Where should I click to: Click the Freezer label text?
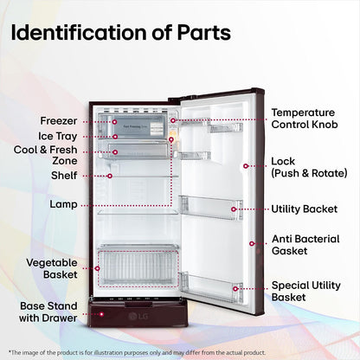59,121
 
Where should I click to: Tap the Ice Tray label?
58,136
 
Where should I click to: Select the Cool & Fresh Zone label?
46,155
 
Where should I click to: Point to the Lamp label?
63,204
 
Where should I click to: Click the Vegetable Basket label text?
52,268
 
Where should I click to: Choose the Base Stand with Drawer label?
48,312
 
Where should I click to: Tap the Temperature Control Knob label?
305,119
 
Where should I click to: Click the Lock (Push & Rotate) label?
309,167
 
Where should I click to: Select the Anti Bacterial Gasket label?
305,245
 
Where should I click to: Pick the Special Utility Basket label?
306,292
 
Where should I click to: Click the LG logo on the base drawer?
138,317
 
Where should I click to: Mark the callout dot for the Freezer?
114,122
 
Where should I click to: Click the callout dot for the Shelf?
110,176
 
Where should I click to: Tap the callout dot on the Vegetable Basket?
98,268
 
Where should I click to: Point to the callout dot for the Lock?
246,166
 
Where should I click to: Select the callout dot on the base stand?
101,314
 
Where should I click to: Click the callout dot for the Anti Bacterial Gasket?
252,244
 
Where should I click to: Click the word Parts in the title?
204,33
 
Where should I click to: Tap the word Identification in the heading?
79,32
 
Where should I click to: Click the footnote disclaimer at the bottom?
137,352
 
